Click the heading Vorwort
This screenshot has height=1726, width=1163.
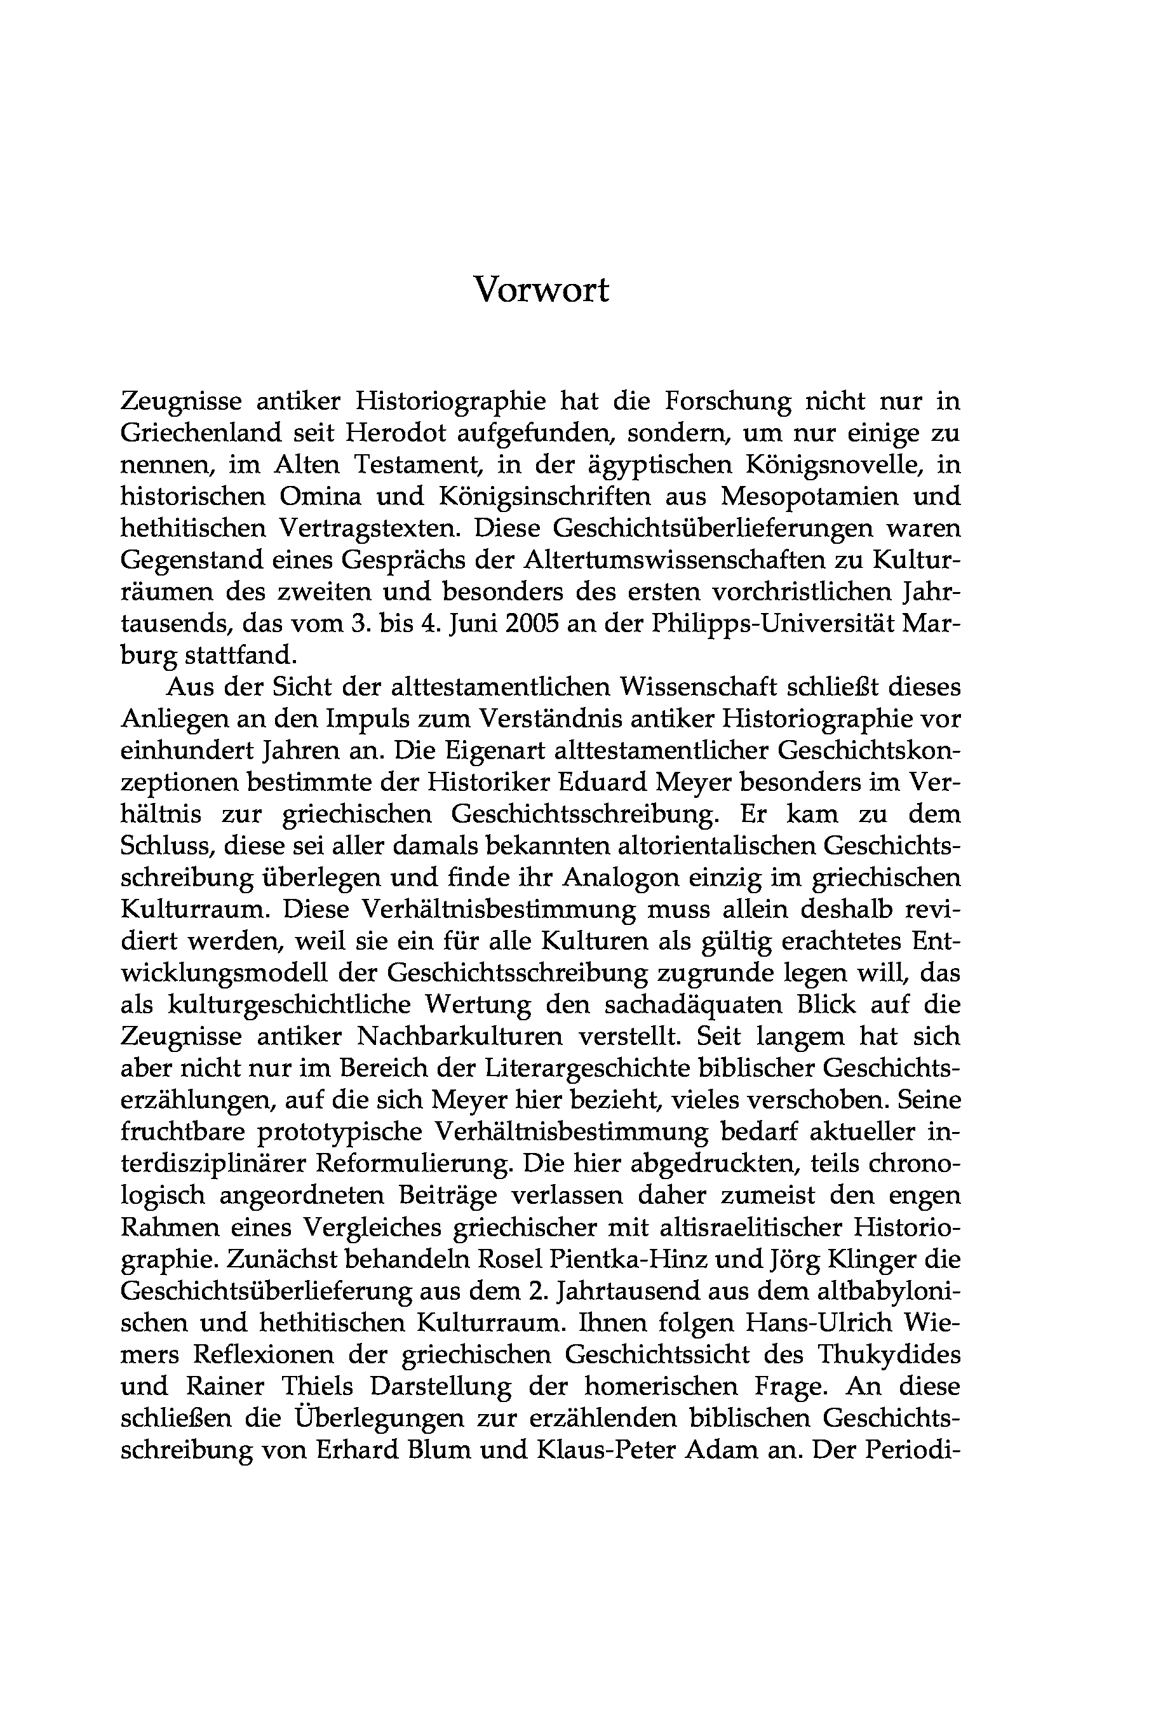tap(541, 290)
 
